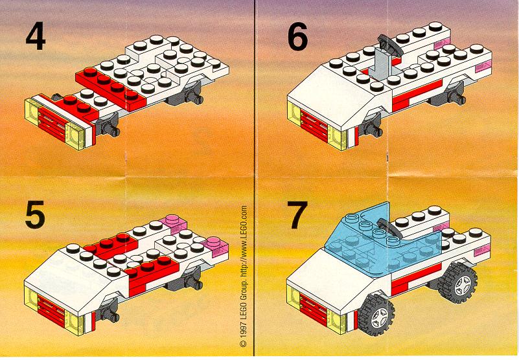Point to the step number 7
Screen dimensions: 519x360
[297, 216]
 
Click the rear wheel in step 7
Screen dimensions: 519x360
[457, 283]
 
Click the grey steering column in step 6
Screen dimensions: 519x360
[381, 63]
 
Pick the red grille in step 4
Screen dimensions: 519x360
[52, 124]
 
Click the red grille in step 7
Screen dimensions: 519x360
[314, 310]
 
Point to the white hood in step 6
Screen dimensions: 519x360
[334, 91]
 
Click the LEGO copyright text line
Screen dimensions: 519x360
[243, 276]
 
